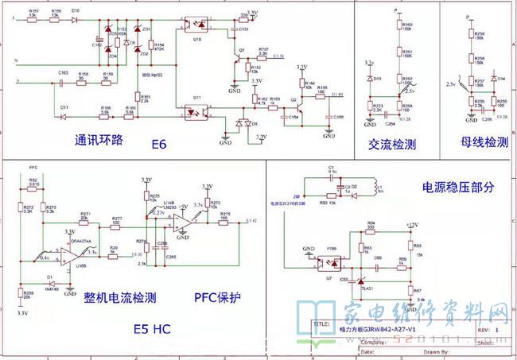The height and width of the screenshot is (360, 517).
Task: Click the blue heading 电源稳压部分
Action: (x=457, y=188)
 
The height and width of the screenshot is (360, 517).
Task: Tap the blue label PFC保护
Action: (x=217, y=298)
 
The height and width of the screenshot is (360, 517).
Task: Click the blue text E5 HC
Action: (x=153, y=327)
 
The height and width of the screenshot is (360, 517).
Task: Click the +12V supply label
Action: (x=410, y=226)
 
